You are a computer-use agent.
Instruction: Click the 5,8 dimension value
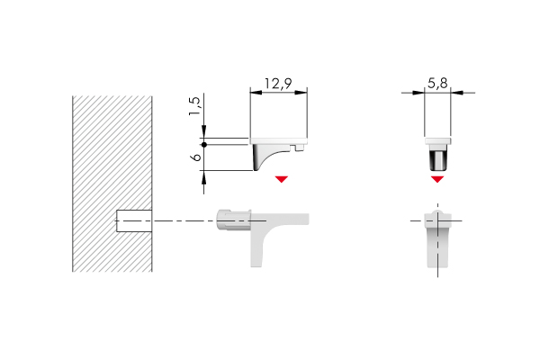tap(438, 83)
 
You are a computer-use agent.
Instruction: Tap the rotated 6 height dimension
tap(193, 157)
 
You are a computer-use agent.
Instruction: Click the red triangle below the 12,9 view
tap(282, 179)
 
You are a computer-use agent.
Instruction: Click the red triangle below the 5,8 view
tap(437, 179)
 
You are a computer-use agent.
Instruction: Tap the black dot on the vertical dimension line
tap(205, 144)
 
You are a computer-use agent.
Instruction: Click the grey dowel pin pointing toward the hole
tap(229, 220)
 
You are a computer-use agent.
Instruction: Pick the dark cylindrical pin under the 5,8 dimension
tap(437, 161)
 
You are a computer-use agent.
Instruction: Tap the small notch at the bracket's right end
tap(300, 144)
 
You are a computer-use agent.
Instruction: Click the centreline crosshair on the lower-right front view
tap(437, 220)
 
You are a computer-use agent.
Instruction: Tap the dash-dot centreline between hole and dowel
tap(184, 220)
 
